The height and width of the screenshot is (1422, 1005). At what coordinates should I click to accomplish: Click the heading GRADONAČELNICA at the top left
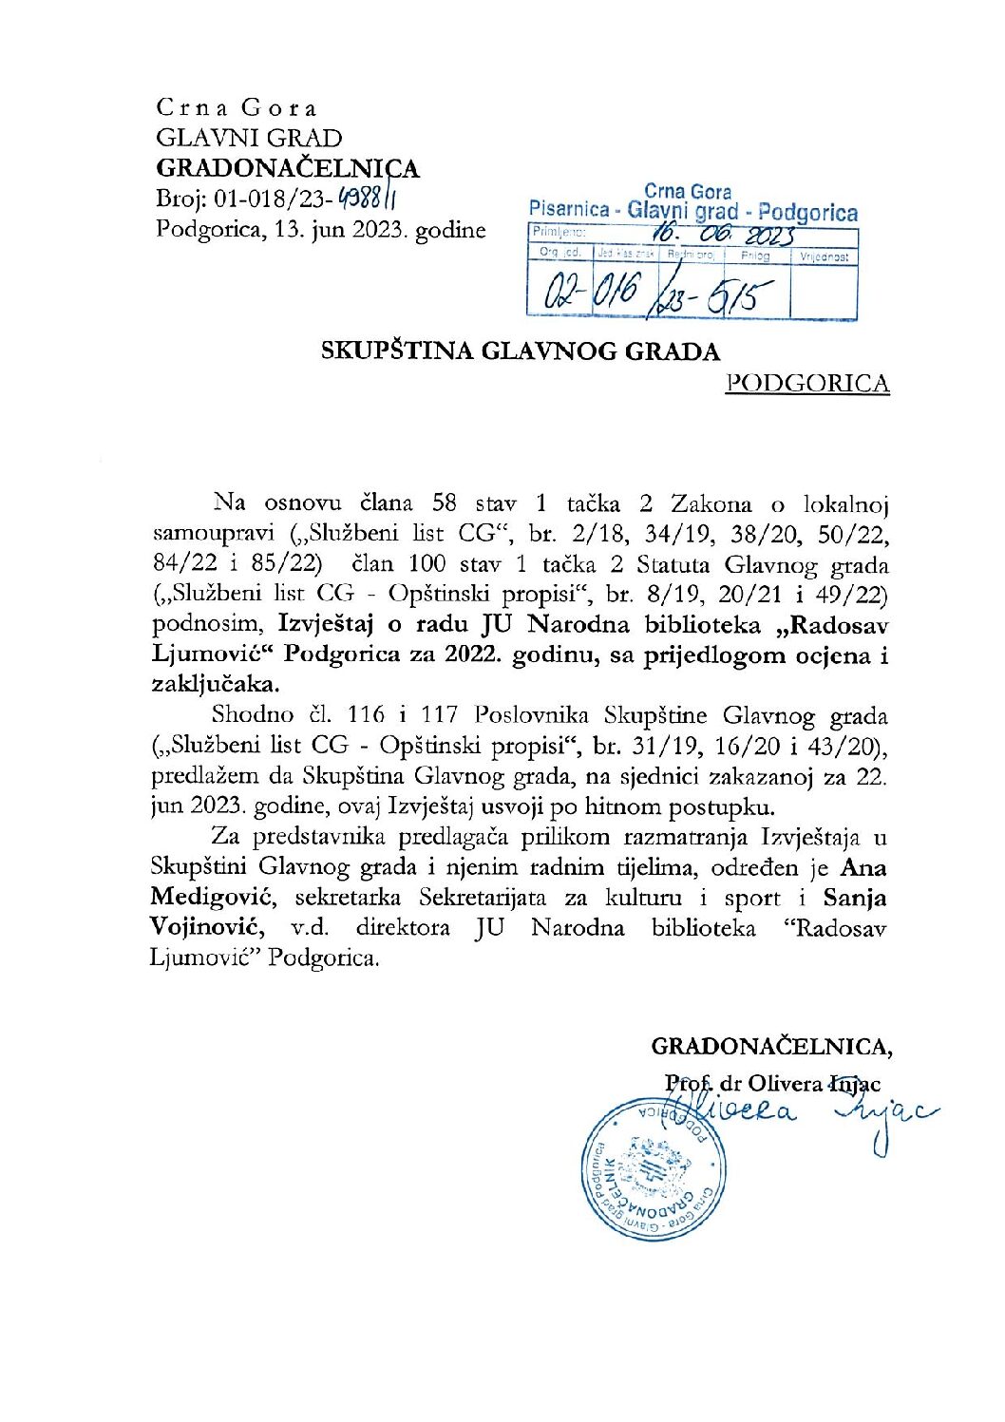pos(287,169)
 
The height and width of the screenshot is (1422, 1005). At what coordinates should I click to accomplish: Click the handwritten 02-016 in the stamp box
pos(590,291)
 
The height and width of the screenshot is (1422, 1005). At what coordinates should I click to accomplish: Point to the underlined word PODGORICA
pos(806,384)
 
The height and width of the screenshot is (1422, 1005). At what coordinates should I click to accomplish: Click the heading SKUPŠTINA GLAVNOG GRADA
pos(520,351)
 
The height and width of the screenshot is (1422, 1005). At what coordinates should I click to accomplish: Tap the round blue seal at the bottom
pos(654,1168)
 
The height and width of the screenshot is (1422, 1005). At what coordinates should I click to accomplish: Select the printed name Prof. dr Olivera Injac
pos(772,1084)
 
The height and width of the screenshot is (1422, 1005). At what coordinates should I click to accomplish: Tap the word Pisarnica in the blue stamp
pos(569,211)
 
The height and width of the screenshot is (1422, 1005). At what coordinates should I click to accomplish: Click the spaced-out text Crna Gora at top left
pos(237,108)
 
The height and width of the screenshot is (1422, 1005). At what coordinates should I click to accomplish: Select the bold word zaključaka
pos(216,684)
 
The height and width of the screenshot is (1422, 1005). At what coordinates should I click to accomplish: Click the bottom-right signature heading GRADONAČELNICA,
pos(771,1047)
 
